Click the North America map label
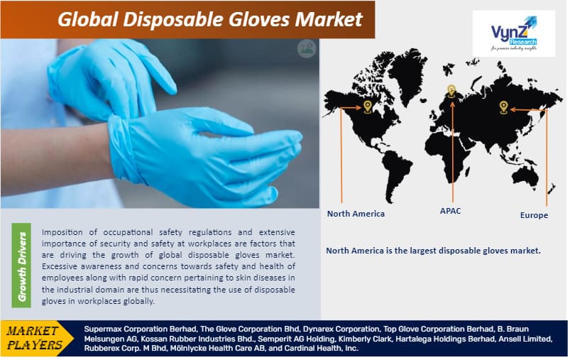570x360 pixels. coord(356,214)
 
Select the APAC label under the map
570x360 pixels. coord(449,211)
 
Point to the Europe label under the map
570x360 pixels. coord(533,215)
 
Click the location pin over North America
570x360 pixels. coord(367,107)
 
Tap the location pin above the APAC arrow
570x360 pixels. coord(450,91)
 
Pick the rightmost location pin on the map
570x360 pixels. coord(503,107)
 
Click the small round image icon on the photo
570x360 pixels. coord(306,49)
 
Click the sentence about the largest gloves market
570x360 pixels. coord(433,251)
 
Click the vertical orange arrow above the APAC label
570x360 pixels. coord(450,149)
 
